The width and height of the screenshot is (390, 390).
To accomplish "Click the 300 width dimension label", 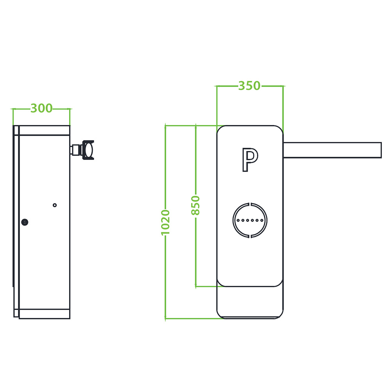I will point(41,108).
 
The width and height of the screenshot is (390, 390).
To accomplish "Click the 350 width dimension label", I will point(249,85).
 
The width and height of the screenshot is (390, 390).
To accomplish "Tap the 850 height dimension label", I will point(195,206).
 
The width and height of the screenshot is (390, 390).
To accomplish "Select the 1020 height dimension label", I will point(165,223).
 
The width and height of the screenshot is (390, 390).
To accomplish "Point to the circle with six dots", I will point(250,220).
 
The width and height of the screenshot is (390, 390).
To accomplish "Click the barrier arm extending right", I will point(331,150).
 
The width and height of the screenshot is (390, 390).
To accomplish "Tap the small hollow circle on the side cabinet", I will point(55,205).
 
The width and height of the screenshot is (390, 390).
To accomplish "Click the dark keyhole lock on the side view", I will point(25,222).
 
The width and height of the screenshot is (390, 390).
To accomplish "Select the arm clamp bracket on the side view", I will point(89,150).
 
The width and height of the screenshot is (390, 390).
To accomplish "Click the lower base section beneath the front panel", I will point(250,302).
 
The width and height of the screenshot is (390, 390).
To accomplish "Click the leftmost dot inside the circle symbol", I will point(238,220).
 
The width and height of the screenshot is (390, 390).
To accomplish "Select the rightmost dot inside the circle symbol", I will point(262,220).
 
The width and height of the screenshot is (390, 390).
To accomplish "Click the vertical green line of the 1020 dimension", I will point(165,273).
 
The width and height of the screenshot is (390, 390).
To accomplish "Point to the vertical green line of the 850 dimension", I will point(195,253).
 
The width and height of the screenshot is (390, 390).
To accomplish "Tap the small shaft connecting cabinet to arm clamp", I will point(74,150).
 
